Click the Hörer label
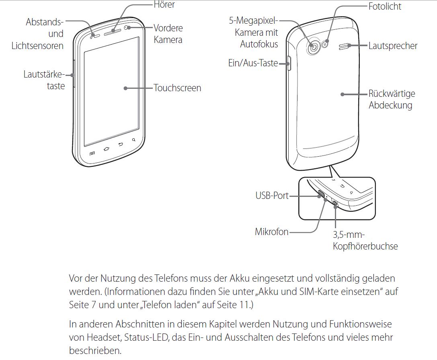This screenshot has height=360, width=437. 164,5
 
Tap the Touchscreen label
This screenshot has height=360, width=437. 177,88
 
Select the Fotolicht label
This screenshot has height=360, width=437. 385,6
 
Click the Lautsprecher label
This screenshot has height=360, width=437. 393,46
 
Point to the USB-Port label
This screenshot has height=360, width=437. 272,196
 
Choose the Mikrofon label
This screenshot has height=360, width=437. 271,232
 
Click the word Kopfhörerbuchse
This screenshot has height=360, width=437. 365,246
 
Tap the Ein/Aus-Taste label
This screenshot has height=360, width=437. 253,63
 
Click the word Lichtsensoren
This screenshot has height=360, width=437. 37,46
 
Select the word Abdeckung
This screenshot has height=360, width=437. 390,105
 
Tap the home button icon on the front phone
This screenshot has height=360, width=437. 107,149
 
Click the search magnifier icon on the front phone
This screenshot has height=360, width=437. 133,140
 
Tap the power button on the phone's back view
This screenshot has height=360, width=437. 289,63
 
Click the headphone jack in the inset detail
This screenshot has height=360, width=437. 335,204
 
